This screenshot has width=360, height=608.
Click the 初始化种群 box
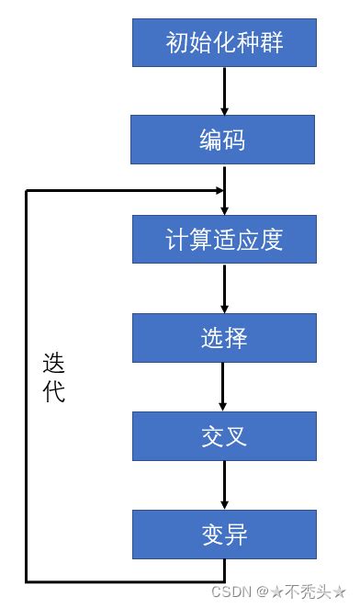point(224,41)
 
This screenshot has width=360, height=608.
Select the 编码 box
point(224,140)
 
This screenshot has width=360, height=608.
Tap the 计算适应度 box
point(224,239)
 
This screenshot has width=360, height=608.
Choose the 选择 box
point(224,338)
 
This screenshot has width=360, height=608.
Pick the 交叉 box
point(224,436)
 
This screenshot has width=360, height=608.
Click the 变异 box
point(224,535)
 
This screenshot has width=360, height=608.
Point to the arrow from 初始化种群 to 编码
point(224,90)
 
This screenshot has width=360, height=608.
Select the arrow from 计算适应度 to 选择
point(224,287)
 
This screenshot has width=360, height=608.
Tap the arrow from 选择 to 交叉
point(224,387)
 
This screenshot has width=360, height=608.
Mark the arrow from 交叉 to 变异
point(224,485)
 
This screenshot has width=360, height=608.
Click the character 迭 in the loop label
point(54,364)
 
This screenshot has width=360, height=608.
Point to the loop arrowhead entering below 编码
point(218,190)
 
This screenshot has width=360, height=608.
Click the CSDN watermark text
point(232,592)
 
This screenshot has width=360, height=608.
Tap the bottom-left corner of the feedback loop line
point(27,580)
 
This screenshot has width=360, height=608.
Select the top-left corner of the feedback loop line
point(27,190)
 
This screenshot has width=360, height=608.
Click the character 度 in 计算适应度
point(271,240)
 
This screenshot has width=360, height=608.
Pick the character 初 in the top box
point(176,42)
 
